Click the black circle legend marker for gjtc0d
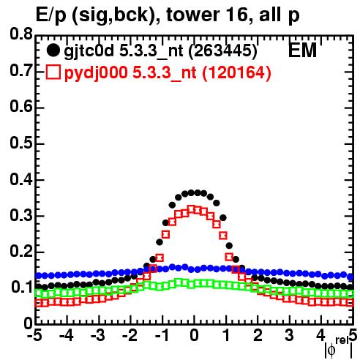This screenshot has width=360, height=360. (x=53, y=50)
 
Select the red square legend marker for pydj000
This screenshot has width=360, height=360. (x=53, y=72)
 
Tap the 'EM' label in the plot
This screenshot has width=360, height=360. (x=302, y=50)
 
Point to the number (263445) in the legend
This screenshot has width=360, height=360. (x=223, y=50)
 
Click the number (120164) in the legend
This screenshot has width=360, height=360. (x=237, y=72)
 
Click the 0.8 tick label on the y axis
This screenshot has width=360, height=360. (x=21, y=34)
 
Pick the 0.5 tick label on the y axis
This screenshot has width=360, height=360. (x=21, y=143)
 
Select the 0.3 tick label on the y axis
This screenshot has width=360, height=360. (x=21, y=215)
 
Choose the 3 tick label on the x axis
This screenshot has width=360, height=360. (x=289, y=336)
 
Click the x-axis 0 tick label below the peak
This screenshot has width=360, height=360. (x=194, y=336)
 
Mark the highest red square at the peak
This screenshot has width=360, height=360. (x=192, y=209)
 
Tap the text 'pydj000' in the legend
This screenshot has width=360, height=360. (x=96, y=73)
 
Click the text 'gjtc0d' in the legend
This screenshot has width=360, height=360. (x=89, y=51)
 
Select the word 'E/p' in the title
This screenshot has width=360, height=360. (x=50, y=15)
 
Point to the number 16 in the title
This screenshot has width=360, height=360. (x=235, y=15)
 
